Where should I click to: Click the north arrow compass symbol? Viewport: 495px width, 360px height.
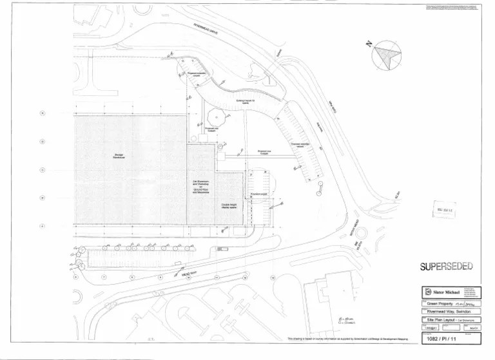click(386, 55)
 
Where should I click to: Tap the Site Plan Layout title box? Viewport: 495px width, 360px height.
click(451, 319)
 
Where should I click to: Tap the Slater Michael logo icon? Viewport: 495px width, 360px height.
click(426, 292)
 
